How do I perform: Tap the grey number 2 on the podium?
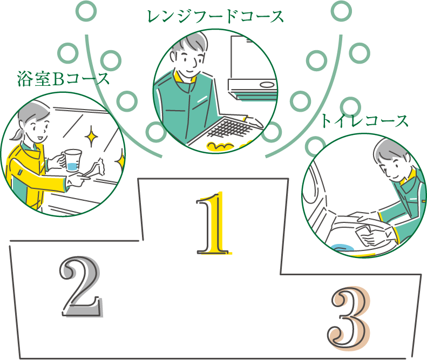pyautogui.click(x=81, y=287)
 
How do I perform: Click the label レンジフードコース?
pyautogui.click(x=215, y=16)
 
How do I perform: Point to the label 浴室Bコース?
pyautogui.click(x=64, y=79)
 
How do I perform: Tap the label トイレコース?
pyautogui.click(x=364, y=121)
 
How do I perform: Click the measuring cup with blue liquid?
pyautogui.click(x=72, y=160)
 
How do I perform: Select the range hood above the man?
pyautogui.click(x=253, y=68)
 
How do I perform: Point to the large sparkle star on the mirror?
pyautogui.click(x=92, y=135)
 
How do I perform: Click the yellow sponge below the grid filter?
pyautogui.click(x=220, y=147)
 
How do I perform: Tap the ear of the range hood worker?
pyautogui.click(x=173, y=56)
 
